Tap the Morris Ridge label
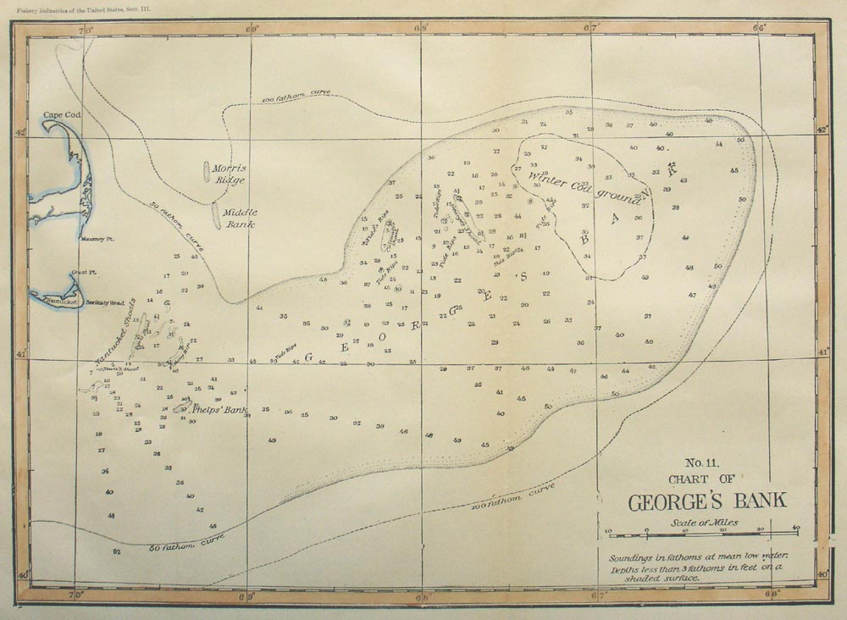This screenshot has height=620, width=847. click(229, 174)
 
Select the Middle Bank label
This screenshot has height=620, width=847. click(240, 218)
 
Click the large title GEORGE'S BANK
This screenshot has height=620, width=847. click(706, 501)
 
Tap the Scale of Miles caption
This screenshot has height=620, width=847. click(703, 523)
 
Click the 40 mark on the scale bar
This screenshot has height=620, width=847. click(795, 529)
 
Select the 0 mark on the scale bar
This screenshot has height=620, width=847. click(646, 529)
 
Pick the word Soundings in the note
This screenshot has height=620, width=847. click(637, 558)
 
